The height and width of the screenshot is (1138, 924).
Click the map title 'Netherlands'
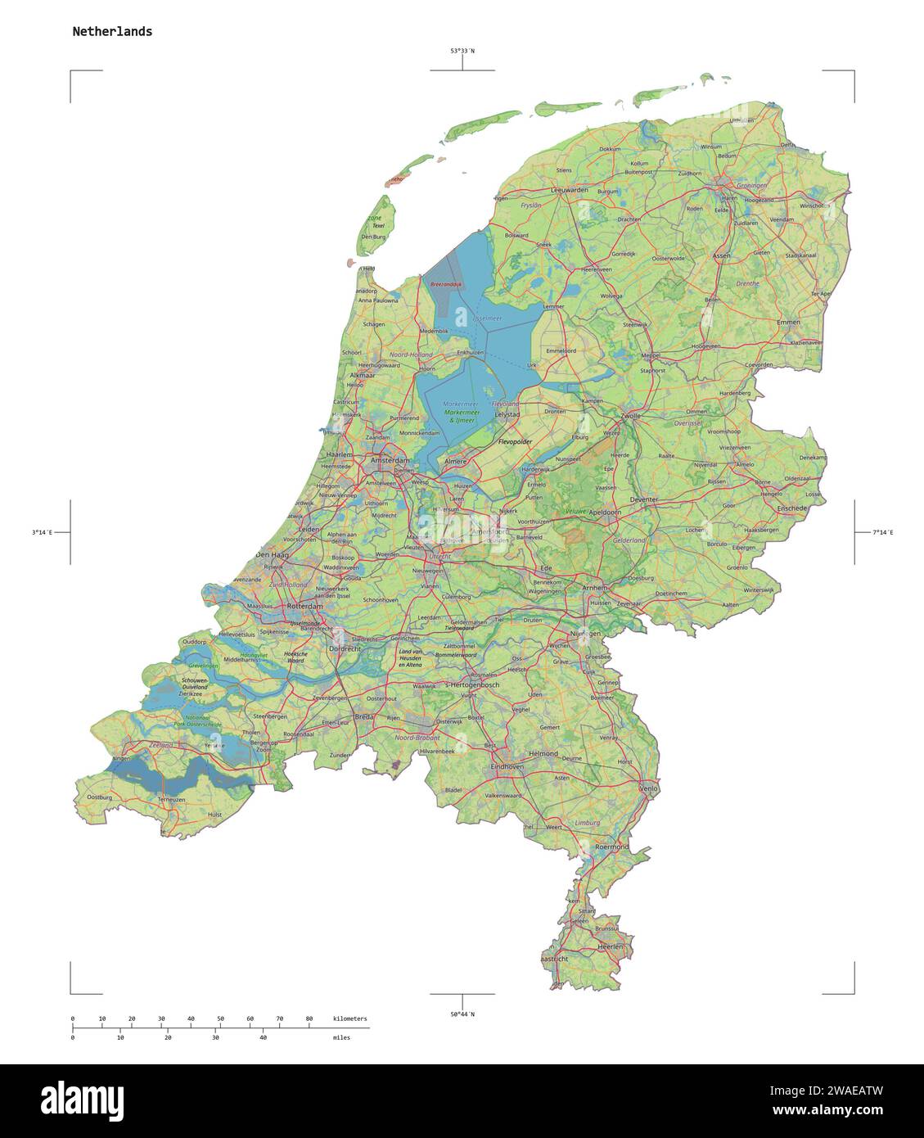tap(112, 32)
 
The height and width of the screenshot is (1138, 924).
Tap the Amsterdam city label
tap(390, 462)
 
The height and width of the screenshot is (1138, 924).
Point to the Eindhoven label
tap(507, 766)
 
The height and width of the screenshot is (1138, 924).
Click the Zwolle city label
tap(630, 416)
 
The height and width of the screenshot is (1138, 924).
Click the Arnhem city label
tap(595, 588)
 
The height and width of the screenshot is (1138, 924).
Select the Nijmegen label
tap(584, 634)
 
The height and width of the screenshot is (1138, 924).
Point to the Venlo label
tap(648, 788)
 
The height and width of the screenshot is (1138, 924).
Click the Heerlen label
tap(611, 946)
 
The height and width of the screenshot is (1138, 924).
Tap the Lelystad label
tap(508, 415)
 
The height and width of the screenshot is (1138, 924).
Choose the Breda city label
tap(364, 716)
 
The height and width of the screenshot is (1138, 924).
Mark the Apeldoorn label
tap(606, 512)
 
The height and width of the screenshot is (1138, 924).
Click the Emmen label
tap(788, 323)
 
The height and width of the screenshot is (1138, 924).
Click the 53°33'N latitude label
tap(462, 51)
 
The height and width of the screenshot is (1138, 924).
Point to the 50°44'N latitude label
tap(462, 1014)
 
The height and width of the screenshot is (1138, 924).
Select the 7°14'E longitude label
tap(882, 533)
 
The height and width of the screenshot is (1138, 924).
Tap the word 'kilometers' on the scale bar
tap(350, 1018)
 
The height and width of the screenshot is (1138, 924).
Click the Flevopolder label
tap(515, 441)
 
